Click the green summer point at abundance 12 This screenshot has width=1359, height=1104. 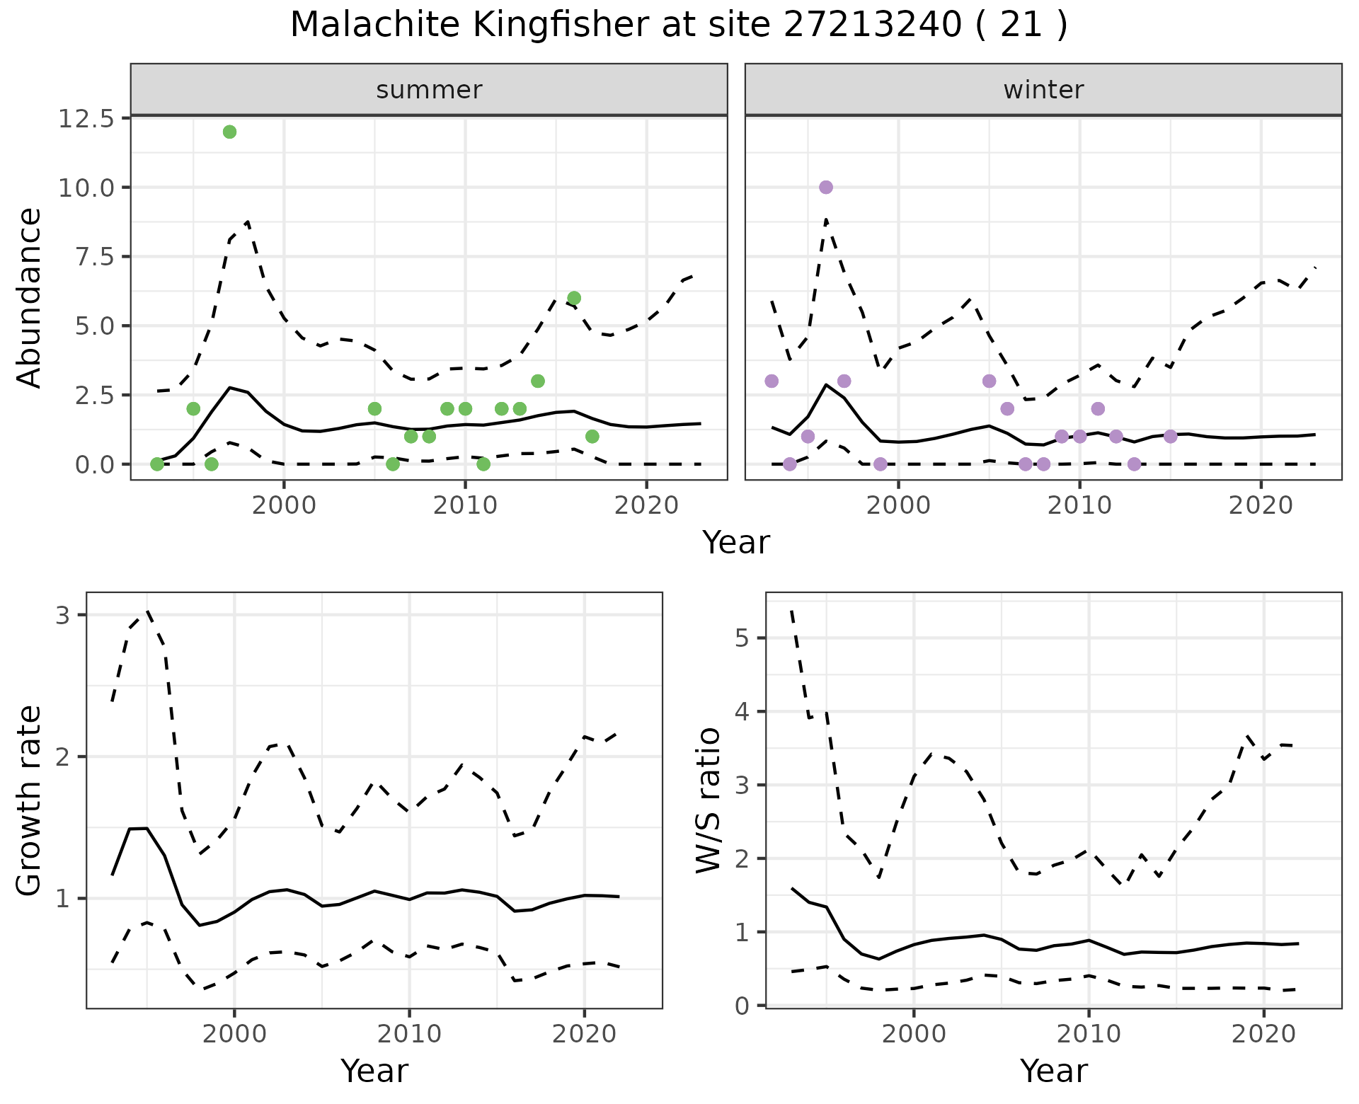point(229,132)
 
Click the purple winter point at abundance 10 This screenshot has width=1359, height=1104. point(826,187)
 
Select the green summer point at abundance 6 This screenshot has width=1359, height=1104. point(574,298)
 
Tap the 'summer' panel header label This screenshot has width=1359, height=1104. point(429,90)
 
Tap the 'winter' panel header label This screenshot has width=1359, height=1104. point(1043,90)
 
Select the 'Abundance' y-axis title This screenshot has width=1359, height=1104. point(30,298)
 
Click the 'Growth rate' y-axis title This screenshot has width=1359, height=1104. point(30,800)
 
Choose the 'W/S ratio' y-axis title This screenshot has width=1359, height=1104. point(709,800)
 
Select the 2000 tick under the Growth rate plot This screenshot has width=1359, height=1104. point(234,1034)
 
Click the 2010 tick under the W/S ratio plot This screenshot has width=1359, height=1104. point(1089,1034)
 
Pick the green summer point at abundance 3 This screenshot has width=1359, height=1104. point(538,381)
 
